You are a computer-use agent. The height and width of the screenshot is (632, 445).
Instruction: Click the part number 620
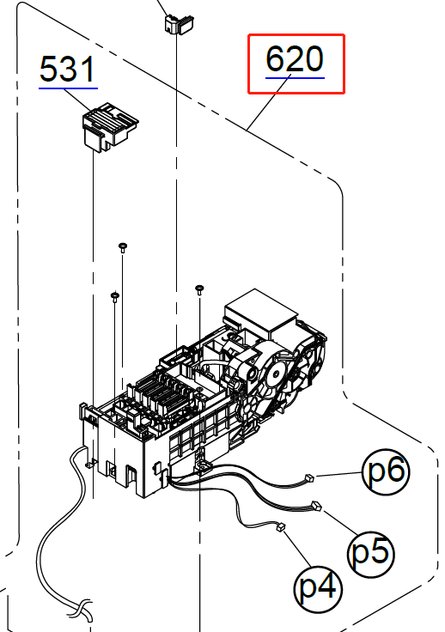tap(295, 58)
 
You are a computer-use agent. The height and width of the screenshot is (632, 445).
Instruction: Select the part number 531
tap(67, 69)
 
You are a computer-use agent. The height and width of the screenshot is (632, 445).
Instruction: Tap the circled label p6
tap(386, 472)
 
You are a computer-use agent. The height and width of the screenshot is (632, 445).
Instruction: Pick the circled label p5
tap(371, 553)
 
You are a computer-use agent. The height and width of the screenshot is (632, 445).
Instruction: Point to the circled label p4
tap(318, 588)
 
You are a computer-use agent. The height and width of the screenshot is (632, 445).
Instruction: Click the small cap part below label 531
tap(110, 127)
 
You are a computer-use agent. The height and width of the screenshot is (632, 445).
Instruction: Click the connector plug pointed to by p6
tap(309, 477)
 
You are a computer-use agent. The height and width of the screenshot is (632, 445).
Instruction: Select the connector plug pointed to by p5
tap(316, 506)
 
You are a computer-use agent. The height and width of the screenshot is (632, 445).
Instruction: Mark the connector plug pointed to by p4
tap(281, 526)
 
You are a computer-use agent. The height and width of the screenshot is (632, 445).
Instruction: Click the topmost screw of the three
tap(123, 247)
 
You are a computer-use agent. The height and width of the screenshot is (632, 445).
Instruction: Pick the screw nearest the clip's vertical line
tap(199, 289)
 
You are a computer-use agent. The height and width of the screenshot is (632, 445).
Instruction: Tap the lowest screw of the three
tap(115, 297)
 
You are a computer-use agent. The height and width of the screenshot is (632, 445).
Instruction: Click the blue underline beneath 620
tap(295, 78)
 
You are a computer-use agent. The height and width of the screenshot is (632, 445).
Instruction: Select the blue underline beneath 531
tap(68, 88)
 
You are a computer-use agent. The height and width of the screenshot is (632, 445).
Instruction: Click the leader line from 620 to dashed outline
tap(269, 102)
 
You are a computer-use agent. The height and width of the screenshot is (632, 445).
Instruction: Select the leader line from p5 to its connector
tap(340, 523)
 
